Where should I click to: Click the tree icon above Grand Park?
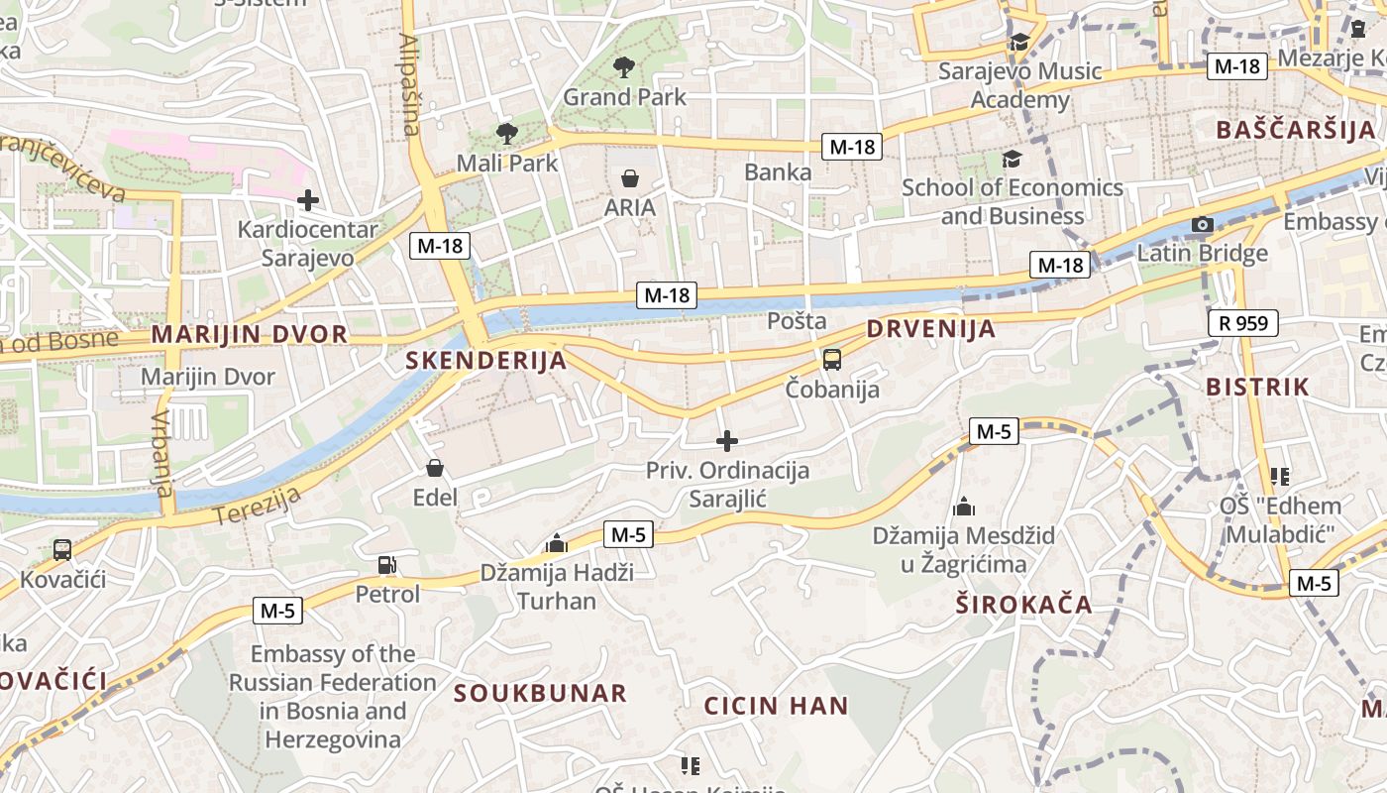624,67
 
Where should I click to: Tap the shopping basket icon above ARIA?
630,178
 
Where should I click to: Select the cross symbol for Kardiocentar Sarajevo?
308,200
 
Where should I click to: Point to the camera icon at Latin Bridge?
1203,225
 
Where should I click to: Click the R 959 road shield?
1243,323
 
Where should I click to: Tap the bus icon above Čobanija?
832,360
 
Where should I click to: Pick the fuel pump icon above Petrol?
387,565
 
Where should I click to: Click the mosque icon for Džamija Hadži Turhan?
556,543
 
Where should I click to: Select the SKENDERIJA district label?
485,361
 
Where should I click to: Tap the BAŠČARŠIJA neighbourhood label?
1296,130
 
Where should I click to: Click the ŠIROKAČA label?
1024,605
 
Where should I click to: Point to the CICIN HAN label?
776,707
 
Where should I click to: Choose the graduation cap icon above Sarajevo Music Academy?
1019,42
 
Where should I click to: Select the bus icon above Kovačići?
62,549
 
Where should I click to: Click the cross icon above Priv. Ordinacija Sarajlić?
727,441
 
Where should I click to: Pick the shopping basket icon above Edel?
434,468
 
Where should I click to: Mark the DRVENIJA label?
930,329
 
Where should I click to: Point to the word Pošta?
798,321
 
